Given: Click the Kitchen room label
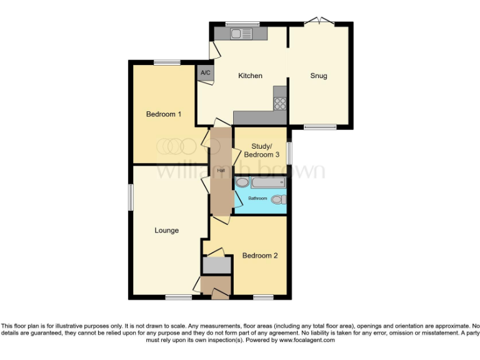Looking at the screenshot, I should (x=250, y=76).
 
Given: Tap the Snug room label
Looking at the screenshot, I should (x=319, y=76).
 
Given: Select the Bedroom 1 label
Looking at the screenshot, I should (x=164, y=114).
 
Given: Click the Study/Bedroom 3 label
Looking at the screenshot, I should (x=259, y=150).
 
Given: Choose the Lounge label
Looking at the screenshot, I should (x=167, y=231).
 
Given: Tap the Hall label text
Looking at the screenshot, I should (x=221, y=170).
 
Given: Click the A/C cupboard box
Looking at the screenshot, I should (x=205, y=72).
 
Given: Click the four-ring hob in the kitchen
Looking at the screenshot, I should (x=279, y=104).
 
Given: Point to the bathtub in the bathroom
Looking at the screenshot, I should (x=267, y=183).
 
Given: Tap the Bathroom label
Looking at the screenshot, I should (x=257, y=199).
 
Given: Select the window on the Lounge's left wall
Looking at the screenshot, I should (x=131, y=197).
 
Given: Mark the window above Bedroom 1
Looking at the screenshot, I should (x=167, y=62).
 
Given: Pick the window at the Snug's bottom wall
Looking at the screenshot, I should (x=319, y=127).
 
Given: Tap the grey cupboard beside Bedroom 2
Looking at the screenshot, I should (x=216, y=265).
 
